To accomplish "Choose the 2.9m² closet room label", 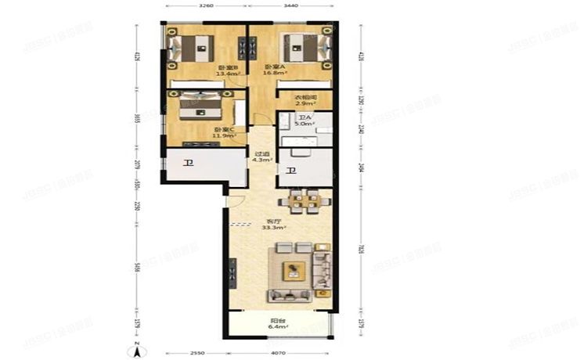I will (x=305, y=102).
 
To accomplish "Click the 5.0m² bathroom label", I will (x=305, y=123).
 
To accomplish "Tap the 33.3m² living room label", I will (x=274, y=227).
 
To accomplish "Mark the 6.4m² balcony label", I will (x=277, y=326).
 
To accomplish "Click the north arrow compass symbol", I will (x=135, y=349).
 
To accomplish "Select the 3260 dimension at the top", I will (x=206, y=6).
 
